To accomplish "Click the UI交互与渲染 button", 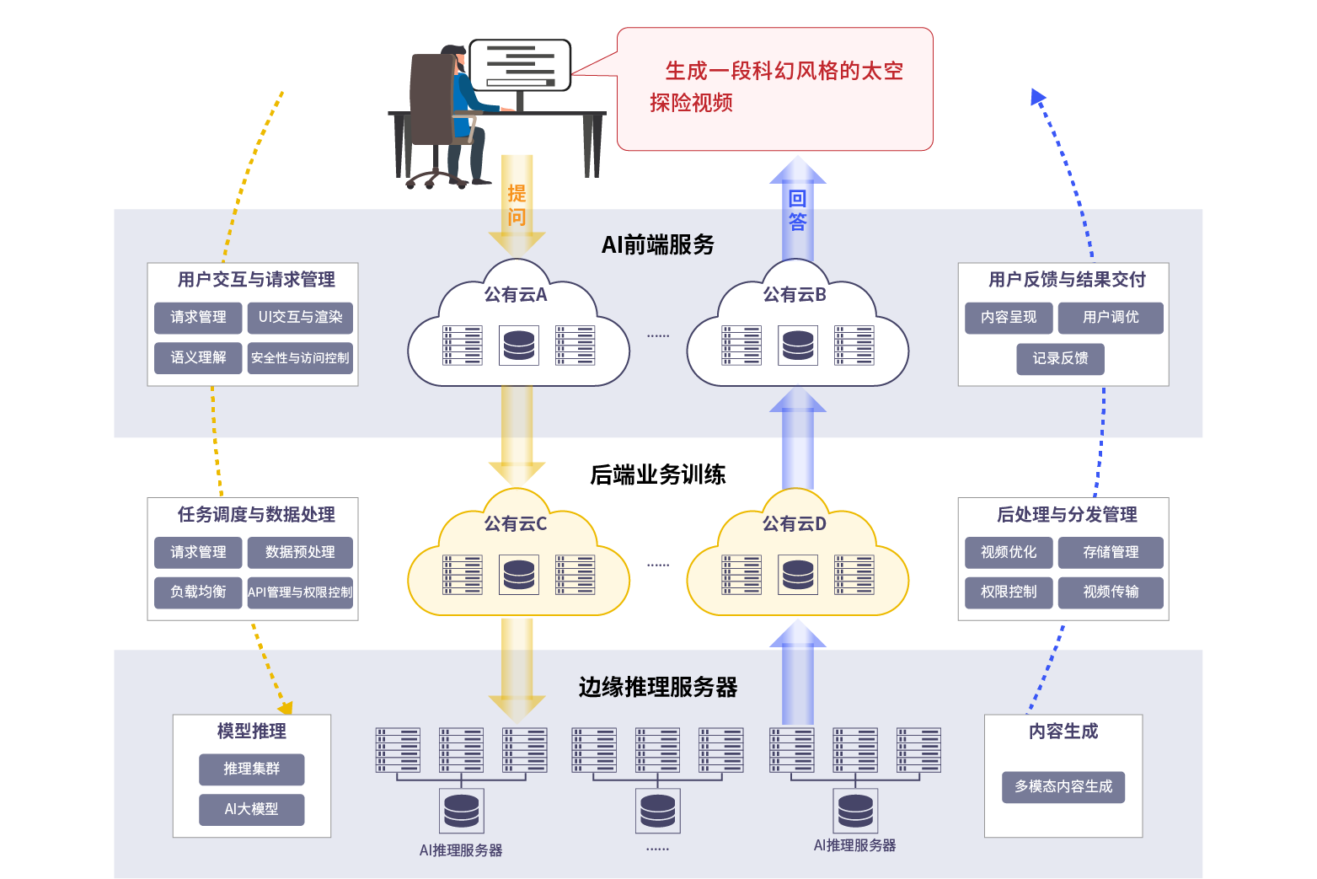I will coord(300,318).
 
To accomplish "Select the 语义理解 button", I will coord(198,357).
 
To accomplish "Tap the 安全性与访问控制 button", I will coord(300,357).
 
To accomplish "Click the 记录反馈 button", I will coord(1060,358).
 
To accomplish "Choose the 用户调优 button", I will coord(1111,318).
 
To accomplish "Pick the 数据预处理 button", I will coord(300,552).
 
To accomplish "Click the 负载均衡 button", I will coord(198,592).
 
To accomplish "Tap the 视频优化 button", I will coord(1009,552).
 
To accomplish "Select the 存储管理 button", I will coord(1111,552).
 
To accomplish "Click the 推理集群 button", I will coord(251,769).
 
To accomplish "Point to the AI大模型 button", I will coord(251,809).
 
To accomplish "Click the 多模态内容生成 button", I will coord(1063,786).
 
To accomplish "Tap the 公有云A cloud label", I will coord(516,295).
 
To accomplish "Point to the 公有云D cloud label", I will coord(795,524).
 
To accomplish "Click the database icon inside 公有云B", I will coord(798,346).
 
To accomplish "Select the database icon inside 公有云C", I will coord(519,575).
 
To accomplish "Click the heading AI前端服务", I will coord(658,245).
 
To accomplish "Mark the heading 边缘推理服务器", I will coord(658,688).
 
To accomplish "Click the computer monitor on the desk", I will coord(520,66).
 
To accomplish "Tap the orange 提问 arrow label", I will coord(517,206).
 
